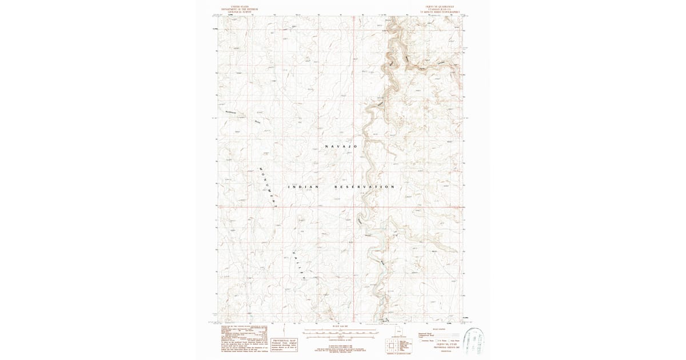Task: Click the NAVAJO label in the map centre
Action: (341, 147)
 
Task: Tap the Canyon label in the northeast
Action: (440, 62)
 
